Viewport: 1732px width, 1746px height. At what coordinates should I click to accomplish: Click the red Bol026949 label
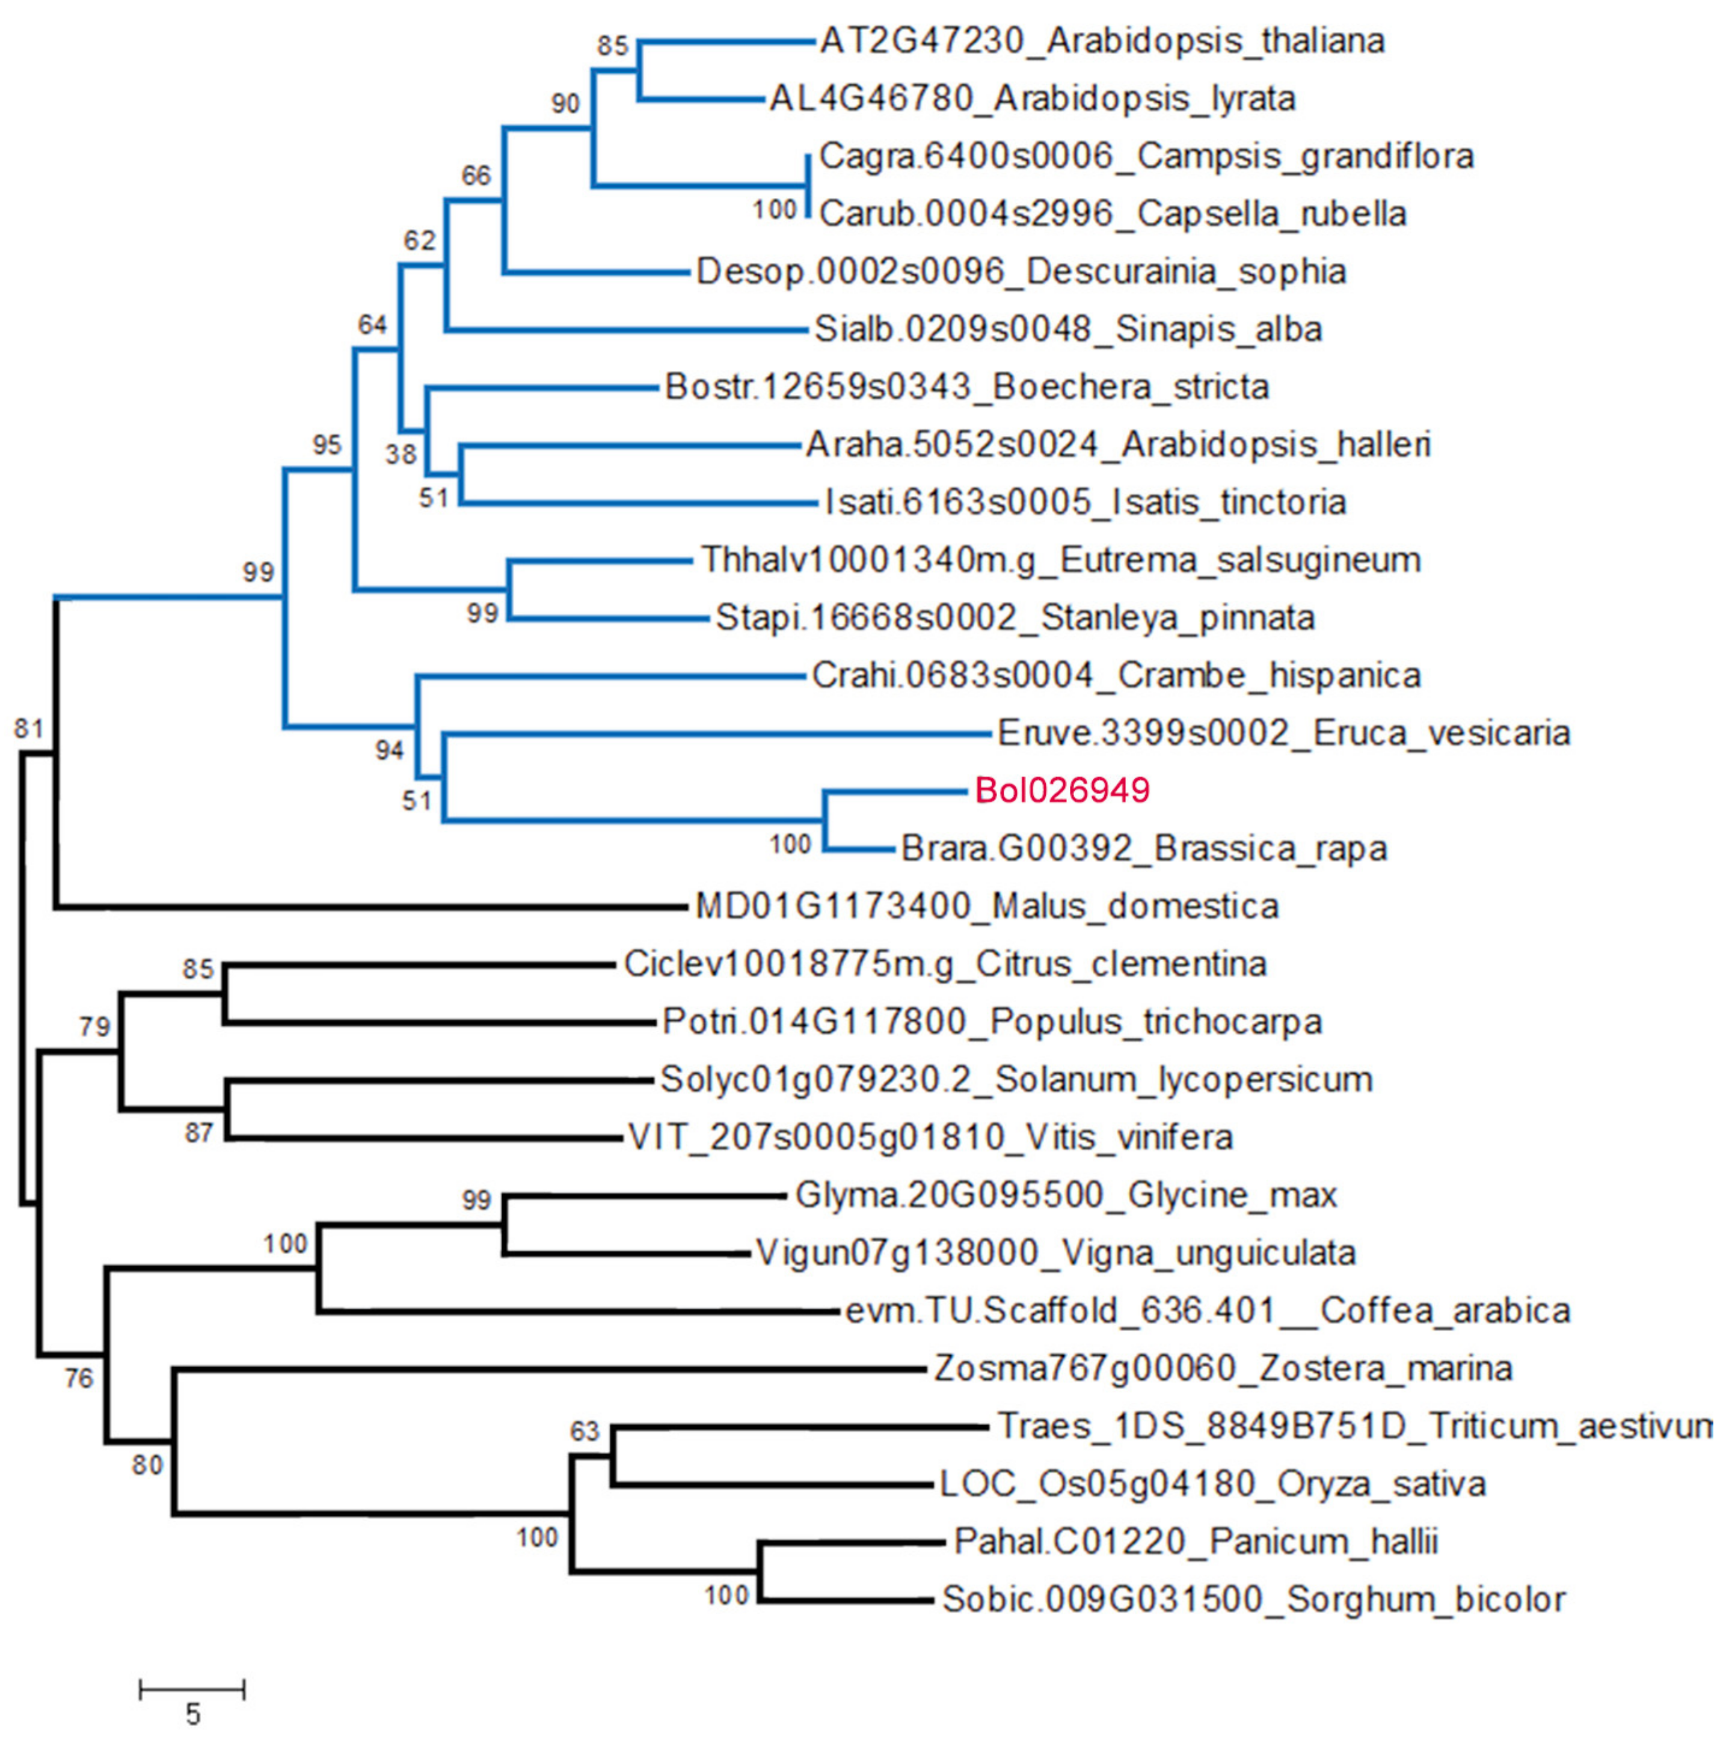tap(1061, 791)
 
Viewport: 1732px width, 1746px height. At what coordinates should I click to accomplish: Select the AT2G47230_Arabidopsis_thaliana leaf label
tap(1102, 41)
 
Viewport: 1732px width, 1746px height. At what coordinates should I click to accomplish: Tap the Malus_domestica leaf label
tap(986, 907)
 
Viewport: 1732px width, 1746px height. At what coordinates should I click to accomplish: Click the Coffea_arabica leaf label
tap(1208, 1311)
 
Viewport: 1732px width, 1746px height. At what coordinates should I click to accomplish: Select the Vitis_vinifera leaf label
tap(930, 1137)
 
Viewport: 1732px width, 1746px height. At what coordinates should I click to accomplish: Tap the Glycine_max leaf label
tap(1066, 1196)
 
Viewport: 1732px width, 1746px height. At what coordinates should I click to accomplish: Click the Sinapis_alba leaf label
tap(1067, 330)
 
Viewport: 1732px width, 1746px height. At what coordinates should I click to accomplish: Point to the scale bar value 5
tap(192, 1714)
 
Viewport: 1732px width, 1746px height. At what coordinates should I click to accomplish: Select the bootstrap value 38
tap(401, 454)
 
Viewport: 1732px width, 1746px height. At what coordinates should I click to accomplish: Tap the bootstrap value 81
tap(29, 729)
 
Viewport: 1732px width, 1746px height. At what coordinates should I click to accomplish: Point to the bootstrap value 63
tap(584, 1432)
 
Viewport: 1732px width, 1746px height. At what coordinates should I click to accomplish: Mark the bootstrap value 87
tap(199, 1132)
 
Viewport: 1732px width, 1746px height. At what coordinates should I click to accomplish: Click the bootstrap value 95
tap(327, 445)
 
